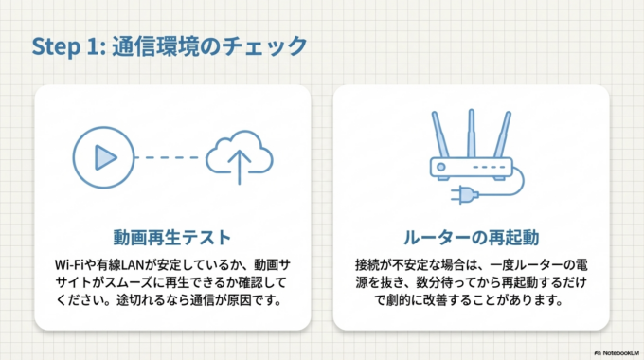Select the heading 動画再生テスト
point(173,233)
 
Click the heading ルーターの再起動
point(472,233)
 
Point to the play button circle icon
point(102,155)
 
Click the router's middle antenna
point(471,133)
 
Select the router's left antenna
point(439,135)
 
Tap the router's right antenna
point(501,135)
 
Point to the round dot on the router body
point(442,170)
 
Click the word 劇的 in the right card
point(389,301)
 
